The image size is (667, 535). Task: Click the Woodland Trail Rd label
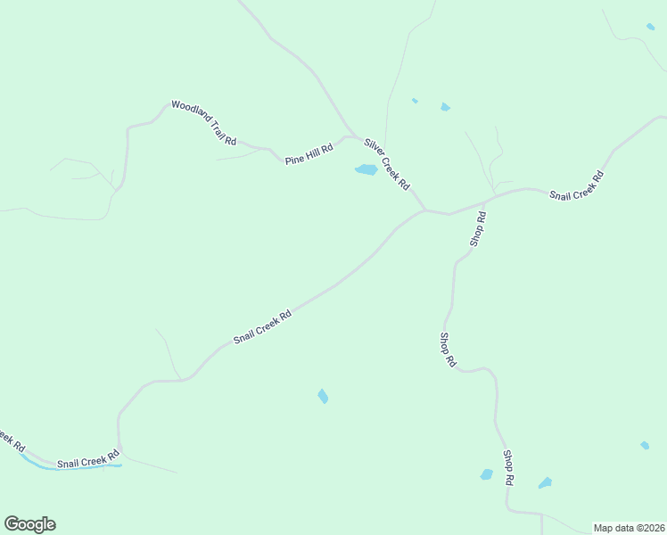(204, 123)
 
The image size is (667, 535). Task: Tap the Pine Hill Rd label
(309, 154)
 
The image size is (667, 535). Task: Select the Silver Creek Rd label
(386, 163)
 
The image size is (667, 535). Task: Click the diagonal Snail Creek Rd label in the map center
(262, 327)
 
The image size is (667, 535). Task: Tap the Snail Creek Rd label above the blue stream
(87, 461)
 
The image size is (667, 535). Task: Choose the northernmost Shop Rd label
(479, 229)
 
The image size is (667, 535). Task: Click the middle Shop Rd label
(448, 350)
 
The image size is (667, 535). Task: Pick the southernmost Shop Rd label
(508, 467)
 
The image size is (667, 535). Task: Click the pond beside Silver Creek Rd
(366, 169)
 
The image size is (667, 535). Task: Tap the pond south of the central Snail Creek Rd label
(323, 396)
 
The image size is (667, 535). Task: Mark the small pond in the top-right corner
(650, 27)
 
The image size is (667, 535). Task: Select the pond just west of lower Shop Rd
(486, 474)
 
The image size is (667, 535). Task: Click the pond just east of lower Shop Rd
(545, 483)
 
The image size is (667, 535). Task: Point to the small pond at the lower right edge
(644, 445)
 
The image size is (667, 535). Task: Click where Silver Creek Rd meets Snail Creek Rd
(424, 210)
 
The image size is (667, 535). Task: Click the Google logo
(29, 524)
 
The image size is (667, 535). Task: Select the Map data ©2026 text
(629, 528)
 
